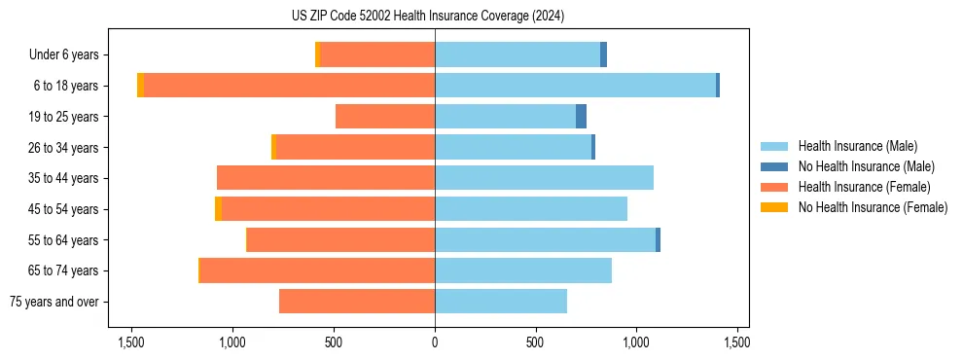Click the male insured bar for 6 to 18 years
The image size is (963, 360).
click(575, 86)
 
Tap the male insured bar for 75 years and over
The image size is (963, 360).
click(501, 302)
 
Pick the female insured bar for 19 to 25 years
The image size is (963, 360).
click(385, 117)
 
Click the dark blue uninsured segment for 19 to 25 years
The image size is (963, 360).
click(581, 117)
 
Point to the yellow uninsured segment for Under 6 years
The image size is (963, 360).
click(317, 54)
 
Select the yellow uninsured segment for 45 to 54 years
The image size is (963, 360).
click(218, 209)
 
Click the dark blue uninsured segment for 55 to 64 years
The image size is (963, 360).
click(658, 240)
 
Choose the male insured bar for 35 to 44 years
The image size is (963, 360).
click(544, 178)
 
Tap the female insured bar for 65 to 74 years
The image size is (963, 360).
click(317, 270)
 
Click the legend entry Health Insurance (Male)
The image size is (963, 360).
click(857, 147)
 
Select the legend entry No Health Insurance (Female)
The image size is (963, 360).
click(873, 207)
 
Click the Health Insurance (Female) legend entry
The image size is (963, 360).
click(864, 187)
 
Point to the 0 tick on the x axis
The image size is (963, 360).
click(435, 342)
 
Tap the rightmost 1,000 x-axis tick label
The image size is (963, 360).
click(636, 342)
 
